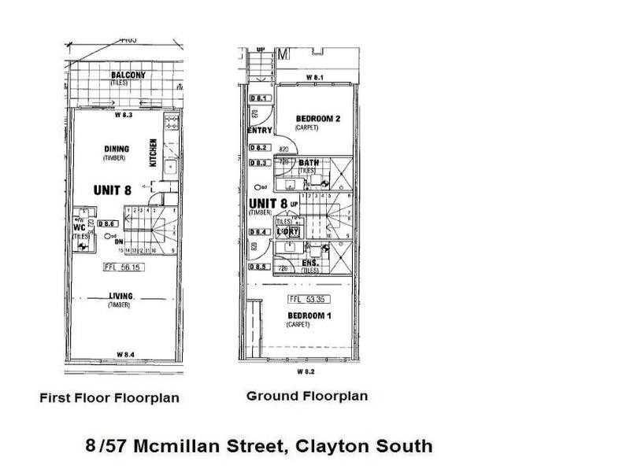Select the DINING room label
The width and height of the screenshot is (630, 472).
point(116,149)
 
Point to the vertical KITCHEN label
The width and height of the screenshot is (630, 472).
point(154,152)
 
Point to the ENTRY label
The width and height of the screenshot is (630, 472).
point(259,131)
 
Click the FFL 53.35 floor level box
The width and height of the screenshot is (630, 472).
point(308,299)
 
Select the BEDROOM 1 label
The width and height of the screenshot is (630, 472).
point(308,315)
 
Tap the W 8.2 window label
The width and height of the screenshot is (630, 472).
point(306,370)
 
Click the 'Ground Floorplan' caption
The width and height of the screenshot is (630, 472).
point(307,396)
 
